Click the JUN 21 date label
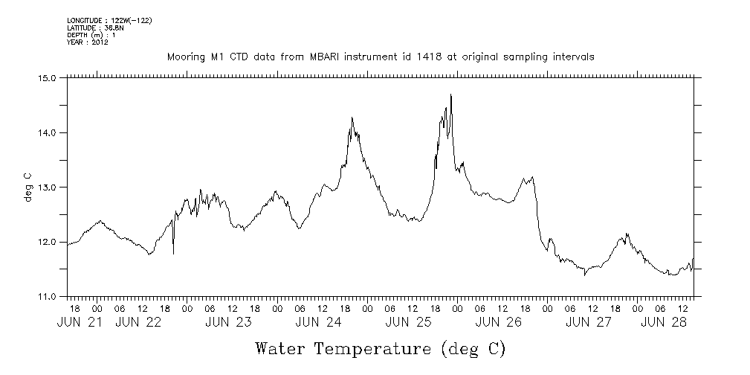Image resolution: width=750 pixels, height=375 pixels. (x=77, y=322)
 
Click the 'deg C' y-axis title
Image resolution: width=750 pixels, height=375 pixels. (x=28, y=186)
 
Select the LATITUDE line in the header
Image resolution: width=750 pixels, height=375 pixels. (x=95, y=28)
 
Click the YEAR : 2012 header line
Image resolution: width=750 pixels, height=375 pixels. (x=88, y=42)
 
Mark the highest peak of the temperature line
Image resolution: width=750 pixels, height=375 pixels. (x=451, y=95)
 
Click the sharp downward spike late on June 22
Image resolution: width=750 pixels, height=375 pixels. (x=173, y=253)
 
